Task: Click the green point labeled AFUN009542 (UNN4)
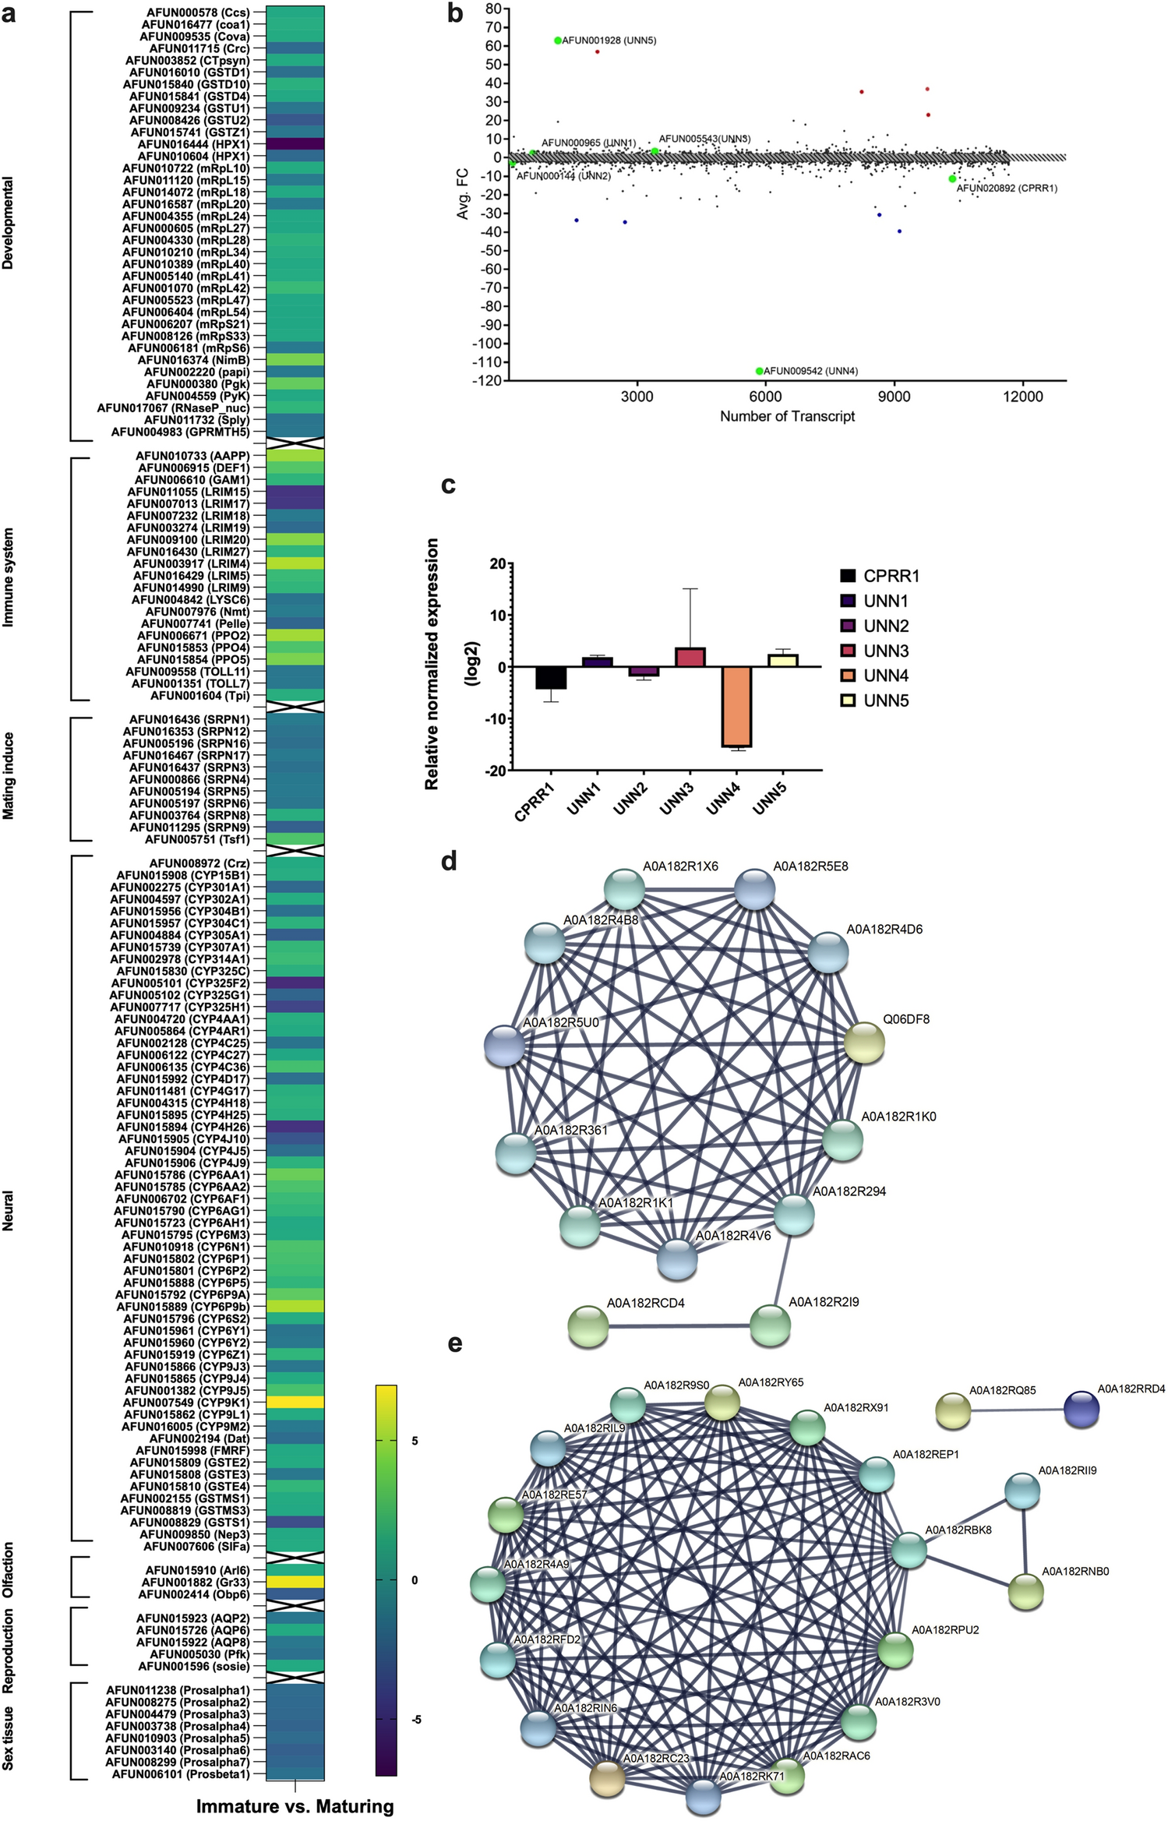760,371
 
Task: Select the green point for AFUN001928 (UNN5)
558,41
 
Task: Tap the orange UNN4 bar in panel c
736,706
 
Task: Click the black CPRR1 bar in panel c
552,678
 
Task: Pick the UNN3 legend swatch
848,651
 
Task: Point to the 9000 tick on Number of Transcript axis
894,396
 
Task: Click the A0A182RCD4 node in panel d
588,1326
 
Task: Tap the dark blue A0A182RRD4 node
1082,1410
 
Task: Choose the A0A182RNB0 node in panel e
1025,1592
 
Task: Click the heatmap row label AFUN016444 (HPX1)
193,144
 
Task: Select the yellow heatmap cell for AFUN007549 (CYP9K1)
295,1402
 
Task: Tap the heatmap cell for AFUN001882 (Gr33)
295,1582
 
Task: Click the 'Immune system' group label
9,577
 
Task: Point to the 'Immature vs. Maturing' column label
295,1806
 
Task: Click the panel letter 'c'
448,485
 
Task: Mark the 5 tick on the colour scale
415,1441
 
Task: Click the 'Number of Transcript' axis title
787,416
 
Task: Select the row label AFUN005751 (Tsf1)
197,839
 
